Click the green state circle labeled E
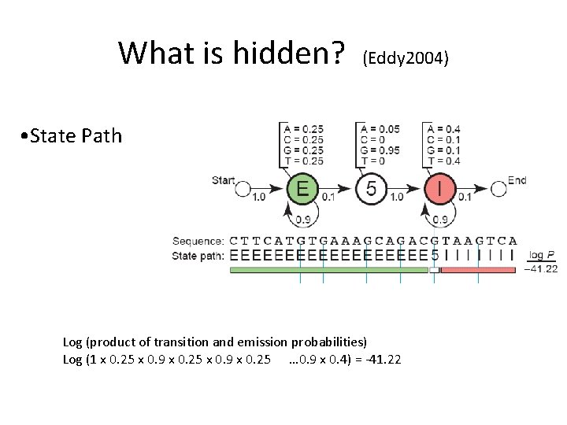click(302, 190)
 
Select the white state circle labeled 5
click(372, 190)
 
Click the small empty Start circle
click(243, 190)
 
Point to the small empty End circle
click(498, 190)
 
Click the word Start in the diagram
click(224, 180)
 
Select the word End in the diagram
click(517, 180)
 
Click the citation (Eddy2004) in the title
click(406, 57)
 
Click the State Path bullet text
click(73, 135)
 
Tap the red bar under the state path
click(478, 270)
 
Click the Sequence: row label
click(198, 240)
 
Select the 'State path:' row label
click(198, 255)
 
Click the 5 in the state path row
click(434, 255)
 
